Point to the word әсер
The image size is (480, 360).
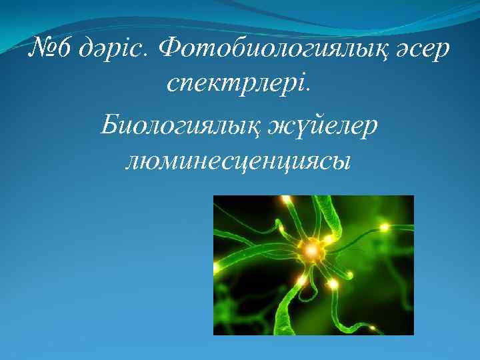pos(421,50)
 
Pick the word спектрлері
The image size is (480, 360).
pos(237,85)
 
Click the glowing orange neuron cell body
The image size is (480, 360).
pos(311,251)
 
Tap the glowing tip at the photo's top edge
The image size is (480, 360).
pos(287,199)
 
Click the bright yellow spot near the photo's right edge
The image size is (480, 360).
pos(385,227)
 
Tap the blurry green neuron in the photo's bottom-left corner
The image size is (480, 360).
pos(230,313)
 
